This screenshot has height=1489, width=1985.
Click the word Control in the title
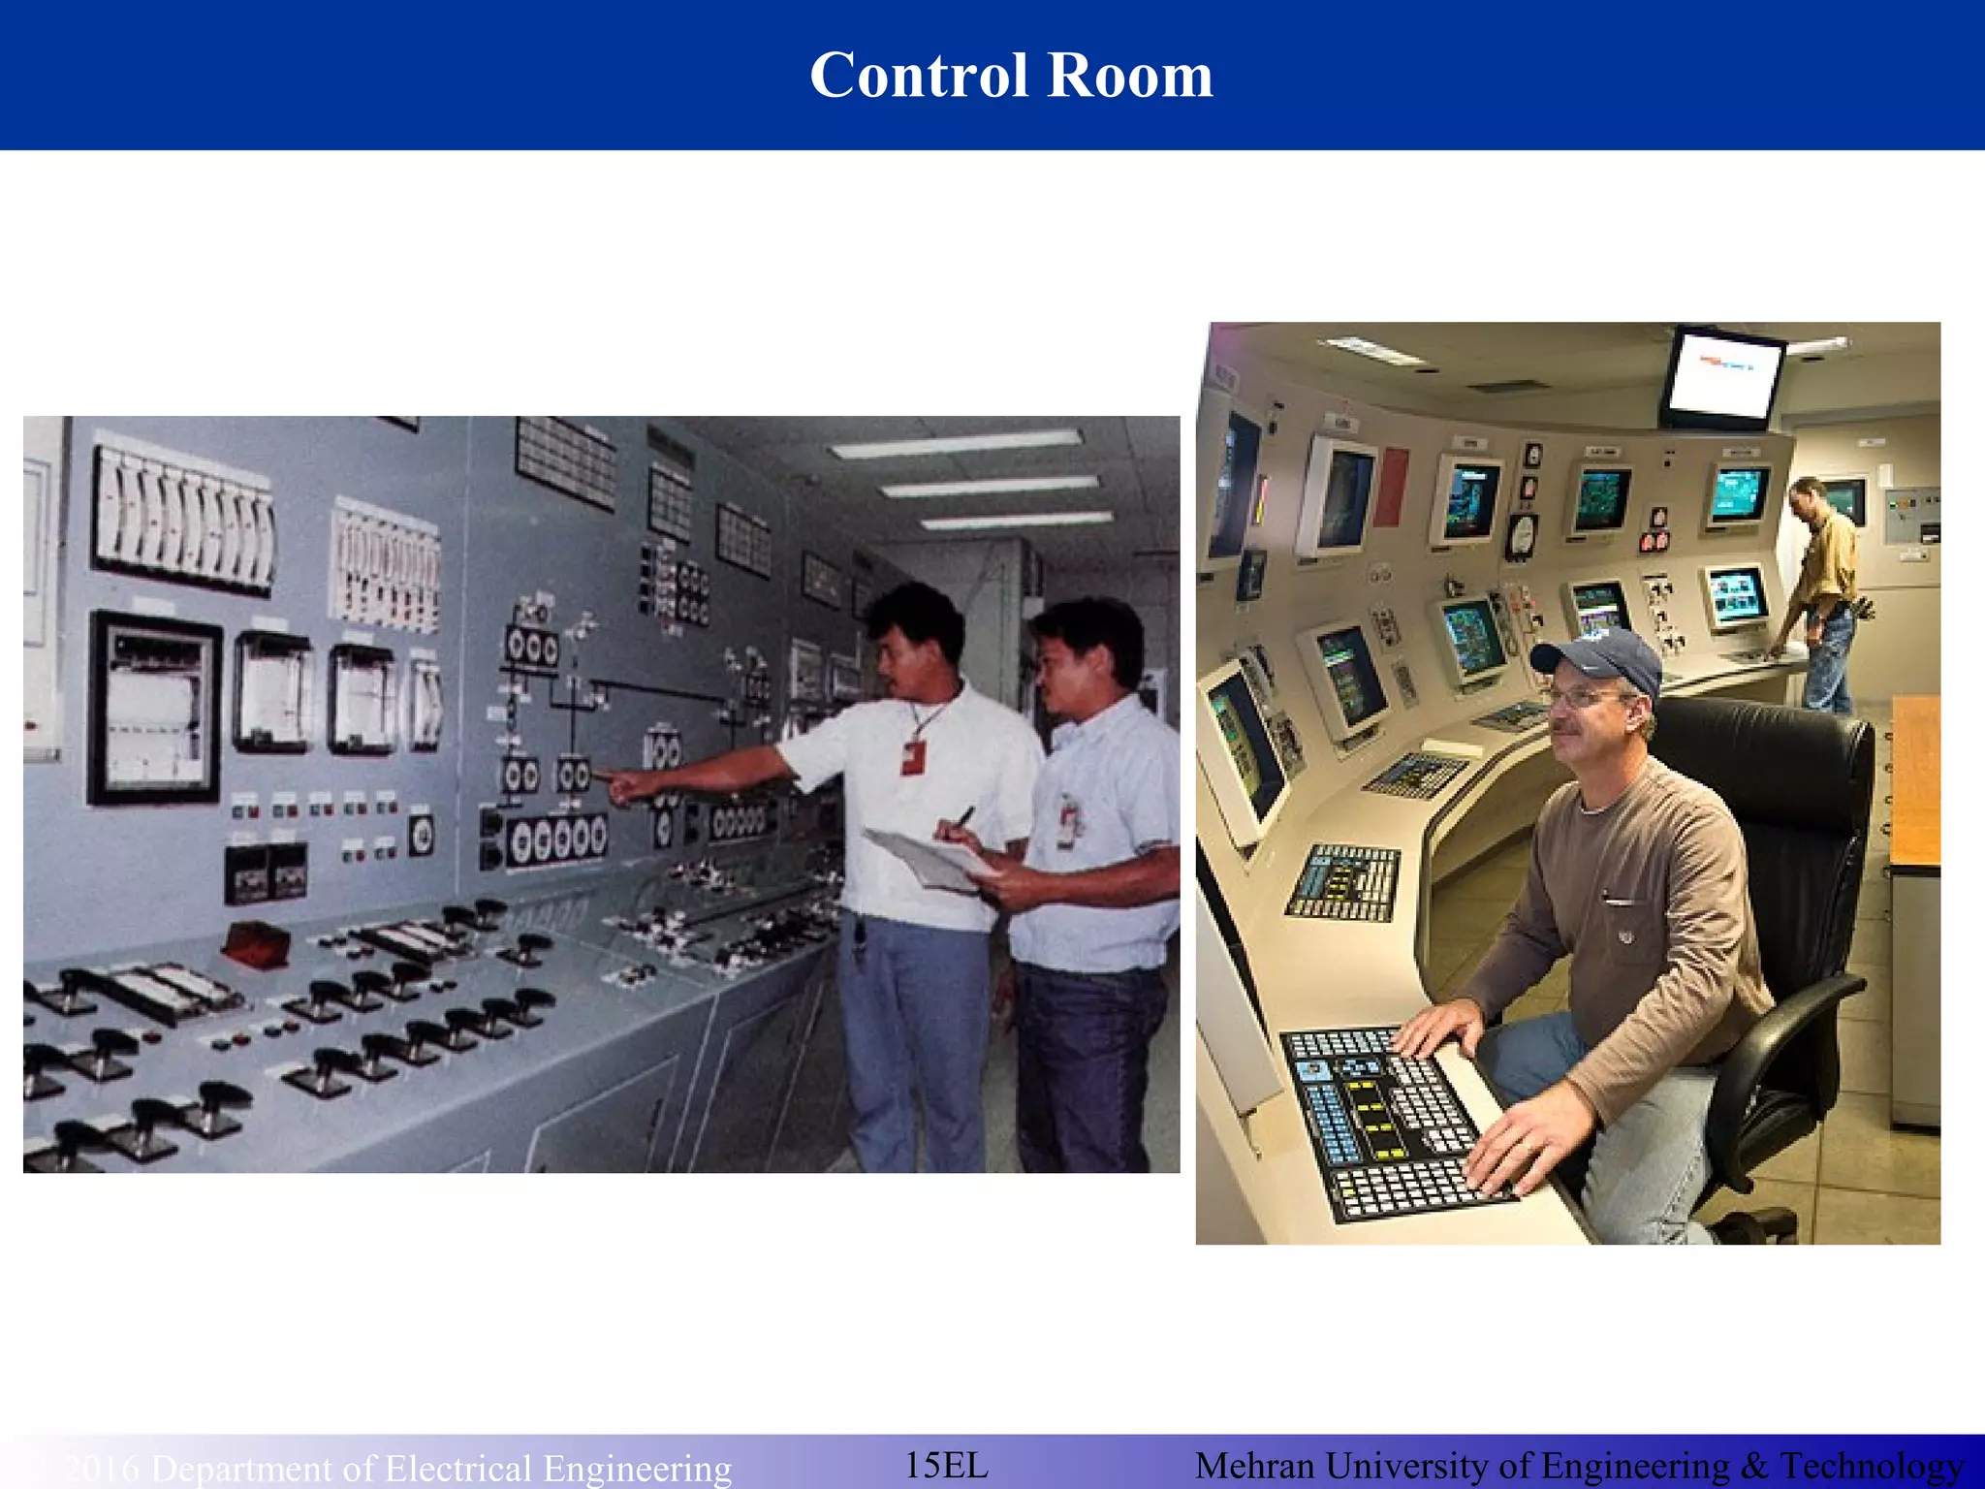(918, 76)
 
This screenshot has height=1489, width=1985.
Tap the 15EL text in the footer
(946, 1464)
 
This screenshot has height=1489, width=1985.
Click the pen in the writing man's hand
(964, 816)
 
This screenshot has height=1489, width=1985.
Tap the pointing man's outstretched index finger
(603, 774)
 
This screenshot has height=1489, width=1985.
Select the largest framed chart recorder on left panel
(155, 708)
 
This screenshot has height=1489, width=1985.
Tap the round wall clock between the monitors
(1522, 536)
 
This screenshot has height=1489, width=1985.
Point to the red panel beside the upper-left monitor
(1391, 487)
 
